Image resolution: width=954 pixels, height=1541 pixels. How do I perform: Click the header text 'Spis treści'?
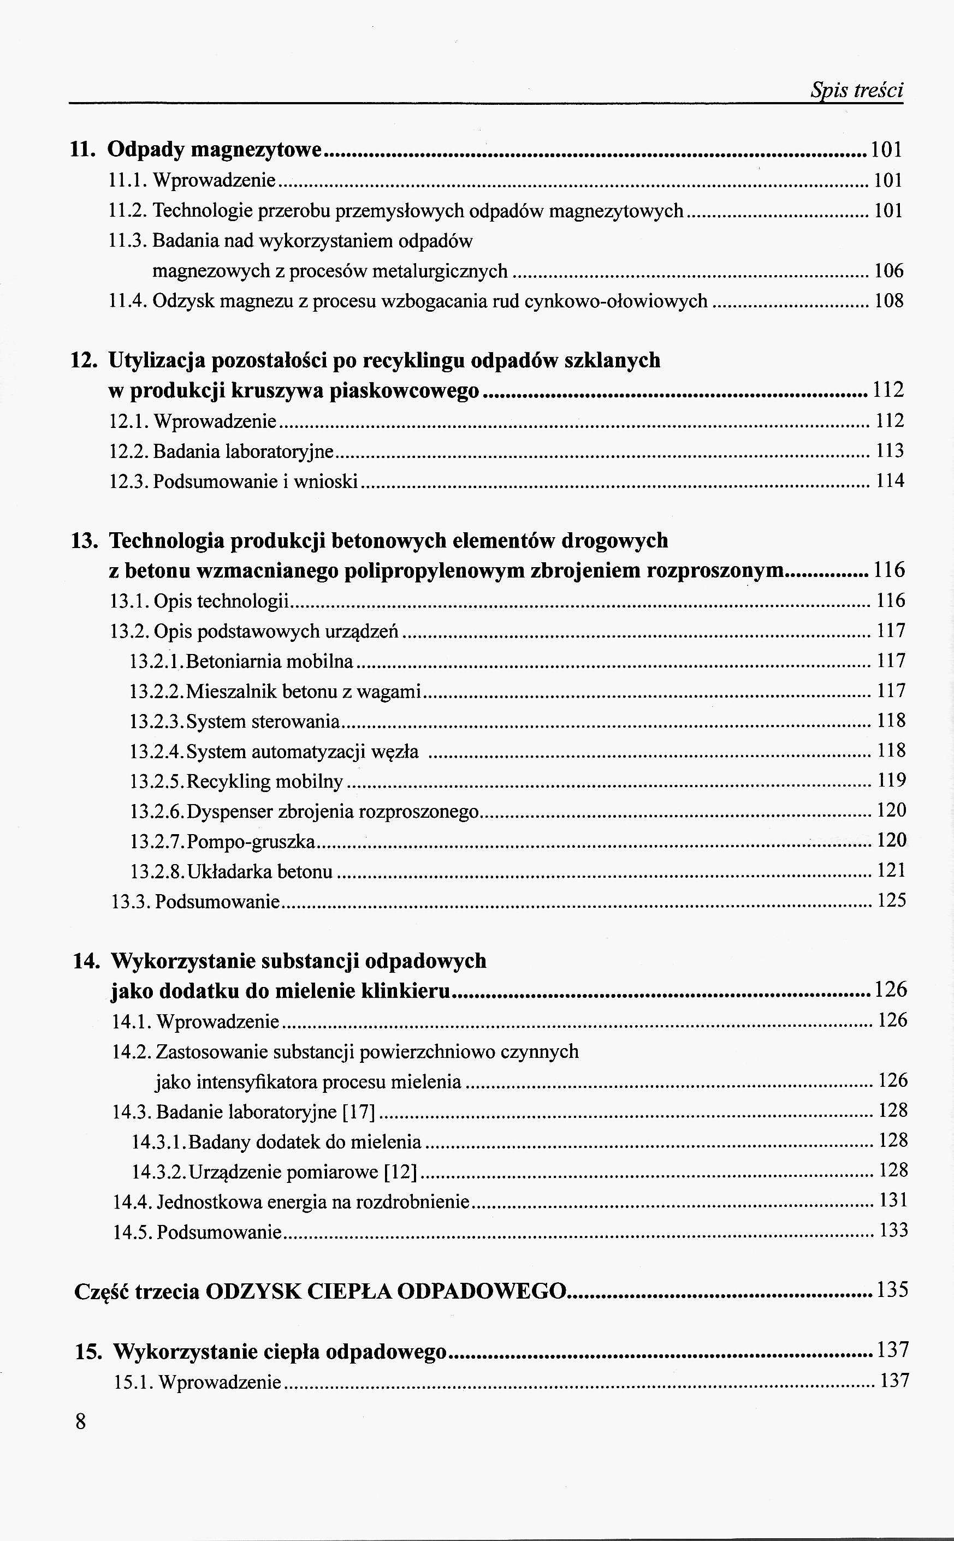point(856,91)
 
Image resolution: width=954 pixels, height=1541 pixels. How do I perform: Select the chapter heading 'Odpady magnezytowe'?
point(215,150)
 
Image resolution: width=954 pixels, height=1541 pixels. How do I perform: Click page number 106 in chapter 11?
point(888,271)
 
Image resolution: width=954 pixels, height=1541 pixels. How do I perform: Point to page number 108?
point(888,301)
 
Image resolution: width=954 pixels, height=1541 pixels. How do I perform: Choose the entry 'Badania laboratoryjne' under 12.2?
point(243,451)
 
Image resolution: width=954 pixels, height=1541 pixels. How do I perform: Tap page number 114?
point(890,481)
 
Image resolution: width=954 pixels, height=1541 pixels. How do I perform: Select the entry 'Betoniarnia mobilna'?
point(269,662)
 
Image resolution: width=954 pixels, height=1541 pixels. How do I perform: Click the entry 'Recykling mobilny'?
point(264,782)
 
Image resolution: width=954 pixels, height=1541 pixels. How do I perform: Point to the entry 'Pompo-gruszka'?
point(251,842)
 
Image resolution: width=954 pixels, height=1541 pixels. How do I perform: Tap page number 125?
point(892,900)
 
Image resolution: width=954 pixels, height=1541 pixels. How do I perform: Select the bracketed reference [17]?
point(358,1111)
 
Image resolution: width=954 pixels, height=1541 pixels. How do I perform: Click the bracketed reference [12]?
point(401,1172)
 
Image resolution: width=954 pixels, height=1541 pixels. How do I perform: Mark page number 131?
point(893,1200)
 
